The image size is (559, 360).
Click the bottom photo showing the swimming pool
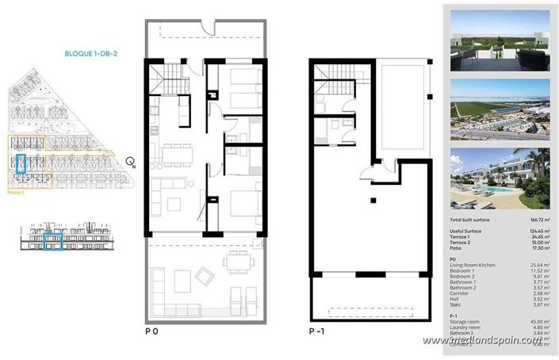click(x=500, y=179)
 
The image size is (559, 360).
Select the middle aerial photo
click(x=500, y=109)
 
